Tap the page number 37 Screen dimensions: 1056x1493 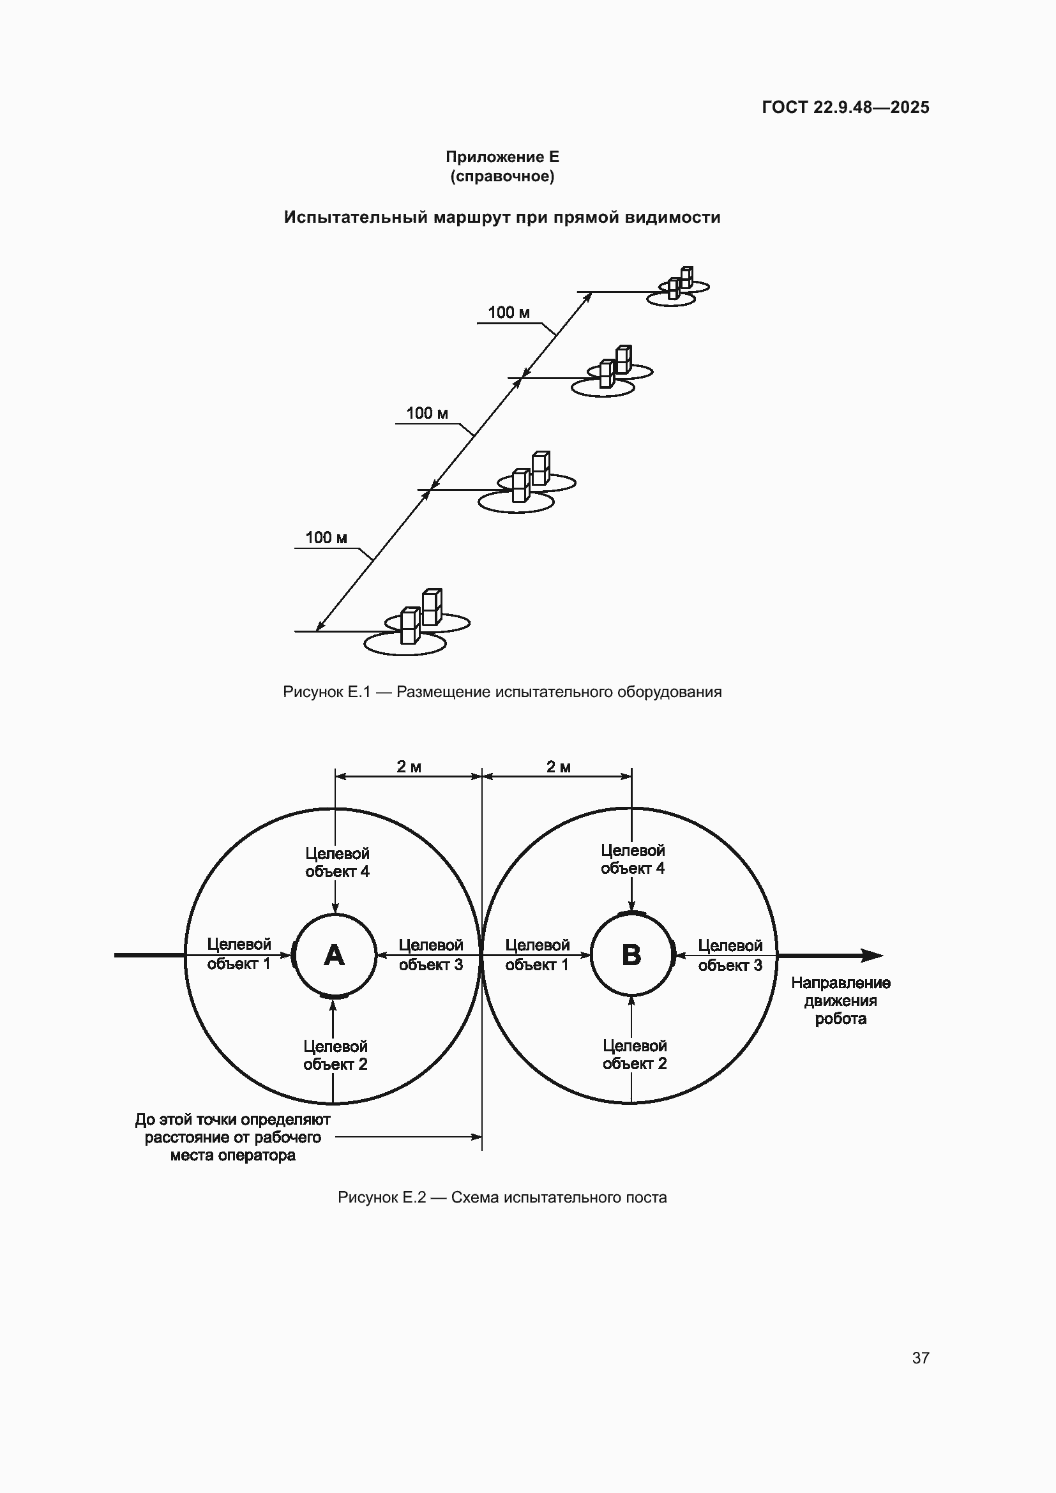921,1358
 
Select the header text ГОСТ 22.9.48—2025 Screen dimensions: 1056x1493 845,107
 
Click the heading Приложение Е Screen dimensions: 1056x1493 502,157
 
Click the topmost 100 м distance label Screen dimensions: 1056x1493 509,313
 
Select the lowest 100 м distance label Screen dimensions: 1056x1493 326,537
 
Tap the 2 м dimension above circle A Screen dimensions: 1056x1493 409,767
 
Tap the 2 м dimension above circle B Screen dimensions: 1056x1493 558,767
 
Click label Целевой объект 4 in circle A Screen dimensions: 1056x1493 338,862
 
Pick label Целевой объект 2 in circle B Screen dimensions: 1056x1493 635,1054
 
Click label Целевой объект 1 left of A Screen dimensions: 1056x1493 239,954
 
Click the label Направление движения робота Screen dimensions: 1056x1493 841,1001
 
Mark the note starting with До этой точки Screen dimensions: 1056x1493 233,1137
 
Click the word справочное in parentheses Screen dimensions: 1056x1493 502,176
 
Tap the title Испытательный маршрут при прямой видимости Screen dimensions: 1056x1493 502,217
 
